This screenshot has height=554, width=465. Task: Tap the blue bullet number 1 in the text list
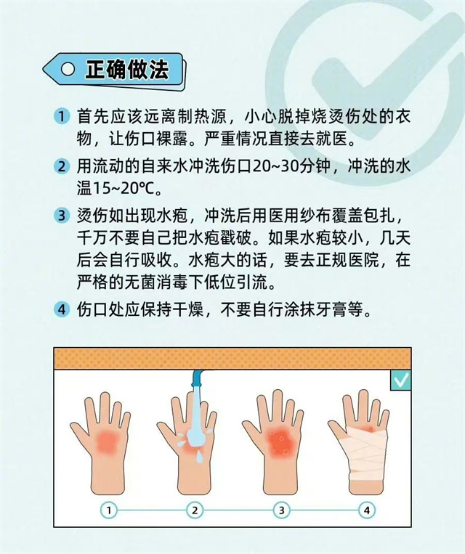click(x=62, y=117)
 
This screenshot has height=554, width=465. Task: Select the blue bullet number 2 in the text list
click(x=62, y=166)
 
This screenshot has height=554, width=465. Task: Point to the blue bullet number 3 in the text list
click(x=62, y=215)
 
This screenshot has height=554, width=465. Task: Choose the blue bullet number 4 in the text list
click(x=62, y=310)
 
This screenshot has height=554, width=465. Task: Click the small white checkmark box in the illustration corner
click(x=401, y=380)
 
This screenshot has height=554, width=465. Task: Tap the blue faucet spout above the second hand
click(x=198, y=379)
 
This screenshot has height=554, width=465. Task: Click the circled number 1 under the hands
click(x=109, y=510)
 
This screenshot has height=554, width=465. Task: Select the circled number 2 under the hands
click(x=195, y=510)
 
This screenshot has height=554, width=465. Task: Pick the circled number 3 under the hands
click(x=281, y=510)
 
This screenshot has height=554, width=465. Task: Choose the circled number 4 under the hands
click(x=367, y=510)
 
